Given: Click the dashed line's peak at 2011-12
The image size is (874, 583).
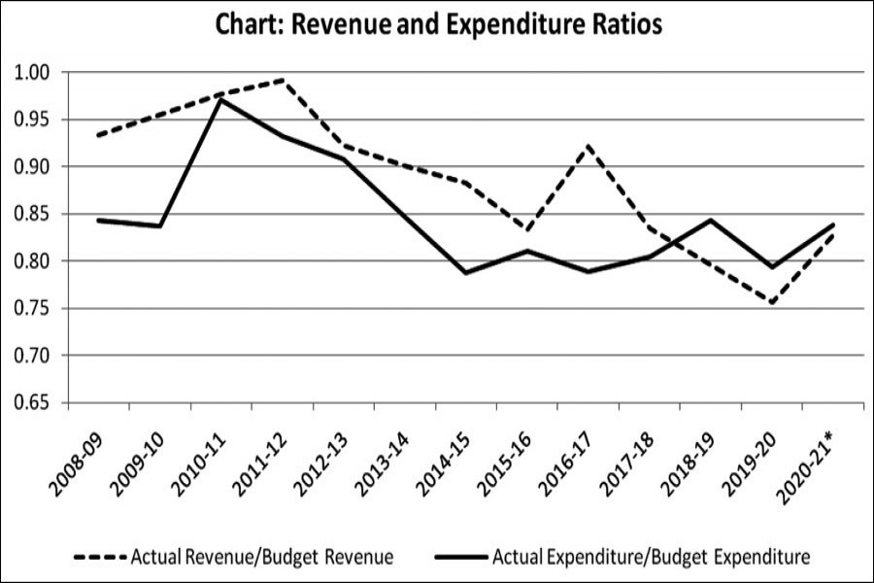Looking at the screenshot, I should point(282,80).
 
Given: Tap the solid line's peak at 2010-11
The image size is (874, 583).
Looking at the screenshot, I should point(220,99).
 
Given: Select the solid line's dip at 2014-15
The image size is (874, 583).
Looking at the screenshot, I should point(466,273).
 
